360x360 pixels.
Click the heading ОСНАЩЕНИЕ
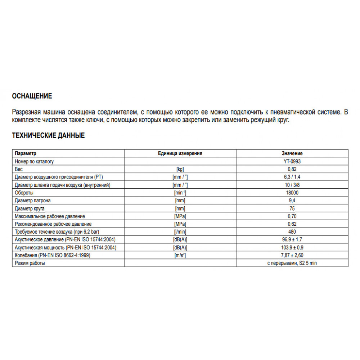(32, 96)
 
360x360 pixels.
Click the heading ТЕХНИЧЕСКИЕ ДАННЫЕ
(49, 136)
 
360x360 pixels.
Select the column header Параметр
(26, 153)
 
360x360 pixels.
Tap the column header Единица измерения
(180, 153)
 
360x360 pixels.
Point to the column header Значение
(292, 153)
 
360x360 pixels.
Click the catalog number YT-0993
(292, 162)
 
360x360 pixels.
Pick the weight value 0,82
(292, 169)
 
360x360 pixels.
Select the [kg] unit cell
(180, 169)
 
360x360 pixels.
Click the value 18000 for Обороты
(292, 193)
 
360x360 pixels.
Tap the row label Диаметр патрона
(32, 201)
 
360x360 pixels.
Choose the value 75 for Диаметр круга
(292, 208)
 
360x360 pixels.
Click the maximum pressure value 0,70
(292, 216)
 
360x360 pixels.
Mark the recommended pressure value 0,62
(292, 224)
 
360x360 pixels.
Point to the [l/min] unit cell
(180, 232)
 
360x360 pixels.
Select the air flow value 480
(292, 232)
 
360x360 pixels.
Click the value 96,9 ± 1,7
(292, 240)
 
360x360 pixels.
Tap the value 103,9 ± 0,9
(292, 248)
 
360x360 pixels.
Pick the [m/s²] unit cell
(180, 256)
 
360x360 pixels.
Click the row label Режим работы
(30, 263)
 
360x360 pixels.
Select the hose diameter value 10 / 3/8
(292, 185)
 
